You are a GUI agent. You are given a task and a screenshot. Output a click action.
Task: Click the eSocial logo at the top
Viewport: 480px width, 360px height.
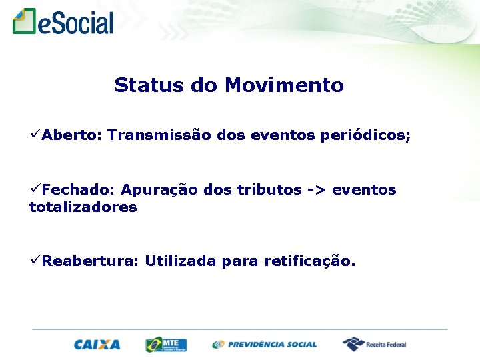click(x=63, y=22)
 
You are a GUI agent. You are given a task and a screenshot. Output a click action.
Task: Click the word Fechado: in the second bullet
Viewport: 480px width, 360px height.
click(x=79, y=190)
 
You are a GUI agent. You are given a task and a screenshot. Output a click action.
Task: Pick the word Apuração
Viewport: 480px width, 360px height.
click(x=159, y=190)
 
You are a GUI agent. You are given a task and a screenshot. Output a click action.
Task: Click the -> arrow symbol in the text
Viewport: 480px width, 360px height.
click(x=317, y=190)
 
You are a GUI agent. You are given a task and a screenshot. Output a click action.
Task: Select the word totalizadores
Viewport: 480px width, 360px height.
click(x=83, y=207)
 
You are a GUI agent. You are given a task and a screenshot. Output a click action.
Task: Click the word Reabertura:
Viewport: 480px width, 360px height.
click(x=90, y=261)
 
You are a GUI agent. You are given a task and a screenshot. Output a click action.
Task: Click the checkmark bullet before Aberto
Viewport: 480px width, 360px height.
click(x=35, y=135)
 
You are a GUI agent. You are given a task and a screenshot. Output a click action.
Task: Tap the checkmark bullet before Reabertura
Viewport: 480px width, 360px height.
click(x=35, y=261)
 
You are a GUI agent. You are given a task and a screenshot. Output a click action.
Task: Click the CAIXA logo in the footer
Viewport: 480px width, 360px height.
click(x=97, y=345)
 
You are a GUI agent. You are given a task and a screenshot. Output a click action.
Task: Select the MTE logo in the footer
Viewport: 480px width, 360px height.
click(x=166, y=345)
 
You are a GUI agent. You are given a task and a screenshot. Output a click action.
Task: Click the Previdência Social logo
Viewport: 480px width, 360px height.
click(x=265, y=345)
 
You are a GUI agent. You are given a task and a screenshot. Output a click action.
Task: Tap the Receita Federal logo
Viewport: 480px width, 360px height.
click(x=375, y=345)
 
